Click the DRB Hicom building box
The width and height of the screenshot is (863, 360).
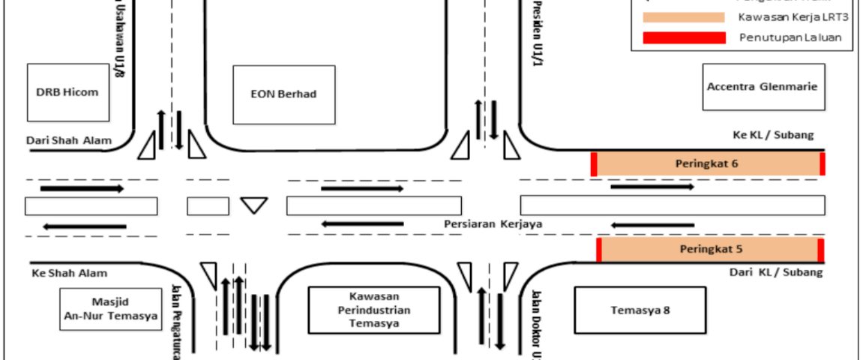67,92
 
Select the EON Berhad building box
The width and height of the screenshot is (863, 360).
283,94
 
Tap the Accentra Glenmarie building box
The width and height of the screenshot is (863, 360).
763,87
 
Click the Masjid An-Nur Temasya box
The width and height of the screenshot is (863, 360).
110,309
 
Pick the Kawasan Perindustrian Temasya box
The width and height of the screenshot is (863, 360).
373,310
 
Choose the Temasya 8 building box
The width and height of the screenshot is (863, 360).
640,310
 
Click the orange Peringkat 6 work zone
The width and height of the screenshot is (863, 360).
709,163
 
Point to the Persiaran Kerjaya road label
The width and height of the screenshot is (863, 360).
493,223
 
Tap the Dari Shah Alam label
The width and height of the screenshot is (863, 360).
68,140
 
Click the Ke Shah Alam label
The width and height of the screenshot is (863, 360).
70,273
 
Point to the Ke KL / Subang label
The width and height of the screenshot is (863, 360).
773,135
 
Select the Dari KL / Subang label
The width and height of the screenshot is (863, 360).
775,272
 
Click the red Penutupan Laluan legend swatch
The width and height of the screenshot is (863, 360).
683,37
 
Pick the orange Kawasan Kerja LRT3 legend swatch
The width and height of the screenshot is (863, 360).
683,17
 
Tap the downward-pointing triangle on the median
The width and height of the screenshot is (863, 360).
254,205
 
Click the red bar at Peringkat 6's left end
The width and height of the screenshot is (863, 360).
594,163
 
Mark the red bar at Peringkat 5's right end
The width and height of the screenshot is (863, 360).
821,250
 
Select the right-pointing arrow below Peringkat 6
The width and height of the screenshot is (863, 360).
652,186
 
